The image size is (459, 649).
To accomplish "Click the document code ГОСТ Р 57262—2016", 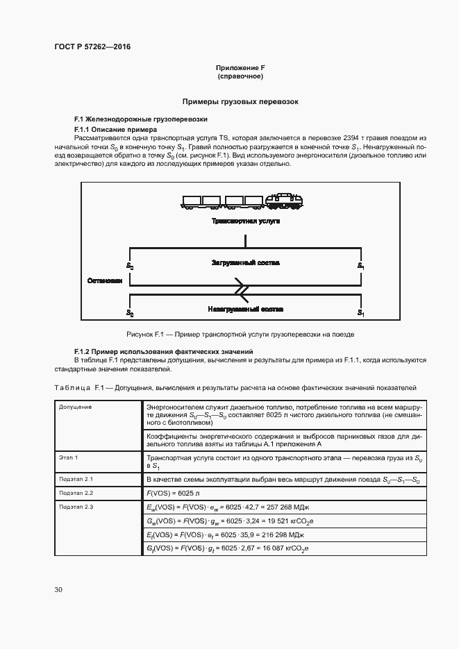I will click(92, 47).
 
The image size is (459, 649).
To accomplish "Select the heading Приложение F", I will click(240, 67).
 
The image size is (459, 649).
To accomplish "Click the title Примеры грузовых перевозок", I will click(240, 101).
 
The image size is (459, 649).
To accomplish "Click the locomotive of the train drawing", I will click(284, 201).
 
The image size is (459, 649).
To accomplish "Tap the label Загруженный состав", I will click(245, 263).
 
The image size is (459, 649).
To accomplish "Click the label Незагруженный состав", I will click(245, 308).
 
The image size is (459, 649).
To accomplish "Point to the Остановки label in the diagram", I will click(105, 281).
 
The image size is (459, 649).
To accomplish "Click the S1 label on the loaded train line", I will click(360, 266).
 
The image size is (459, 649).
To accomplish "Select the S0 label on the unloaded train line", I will click(130, 313).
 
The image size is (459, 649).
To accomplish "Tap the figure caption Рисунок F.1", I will click(240, 334).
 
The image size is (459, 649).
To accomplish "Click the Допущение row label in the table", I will click(75, 407).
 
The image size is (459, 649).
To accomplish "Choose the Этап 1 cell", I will click(68, 457).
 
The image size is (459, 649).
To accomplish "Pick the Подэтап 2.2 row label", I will click(76, 492).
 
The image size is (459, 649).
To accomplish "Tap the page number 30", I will click(58, 589).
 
